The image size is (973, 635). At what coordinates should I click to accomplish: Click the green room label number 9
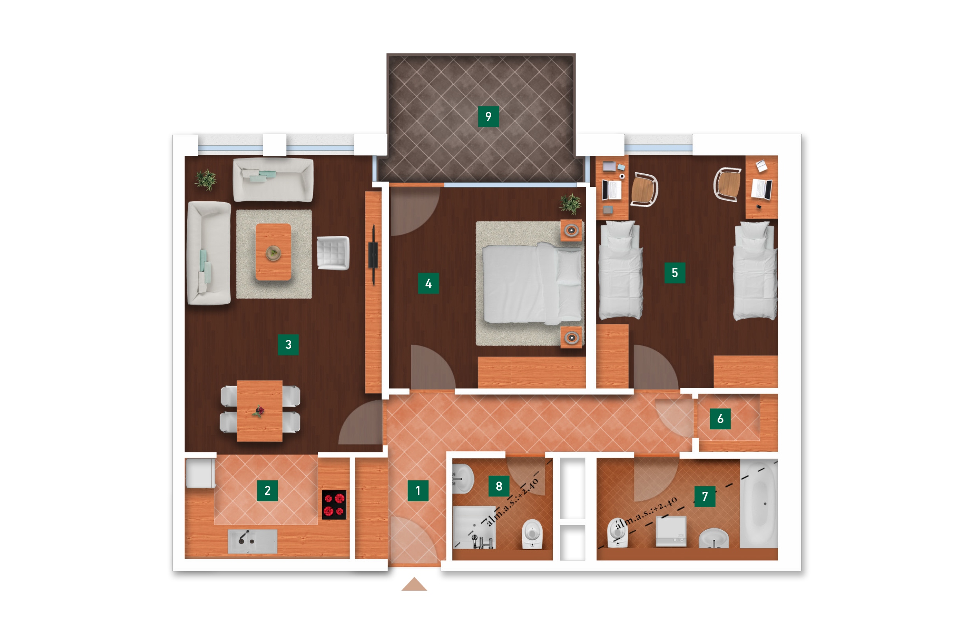pyautogui.click(x=488, y=116)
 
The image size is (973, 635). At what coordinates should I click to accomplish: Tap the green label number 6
pyautogui.click(x=720, y=419)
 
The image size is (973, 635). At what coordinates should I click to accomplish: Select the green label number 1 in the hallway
pyautogui.click(x=418, y=491)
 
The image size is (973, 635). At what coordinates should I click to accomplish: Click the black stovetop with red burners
pyautogui.click(x=334, y=505)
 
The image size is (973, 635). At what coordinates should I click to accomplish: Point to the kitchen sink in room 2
pyautogui.click(x=252, y=541)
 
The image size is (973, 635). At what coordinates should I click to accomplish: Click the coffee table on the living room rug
pyautogui.click(x=273, y=252)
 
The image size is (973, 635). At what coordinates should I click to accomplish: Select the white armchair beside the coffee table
pyautogui.click(x=333, y=253)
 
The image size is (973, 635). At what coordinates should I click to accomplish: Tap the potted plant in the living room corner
pyautogui.click(x=206, y=179)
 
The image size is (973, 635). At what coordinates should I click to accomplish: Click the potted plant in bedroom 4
pyautogui.click(x=570, y=203)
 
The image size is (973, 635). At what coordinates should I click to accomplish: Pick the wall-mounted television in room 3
pyautogui.click(x=373, y=254)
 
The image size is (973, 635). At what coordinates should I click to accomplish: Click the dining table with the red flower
pyautogui.click(x=260, y=411)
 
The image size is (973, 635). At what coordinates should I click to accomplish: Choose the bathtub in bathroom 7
pyautogui.click(x=759, y=504)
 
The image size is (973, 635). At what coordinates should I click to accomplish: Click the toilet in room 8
pyautogui.click(x=532, y=534)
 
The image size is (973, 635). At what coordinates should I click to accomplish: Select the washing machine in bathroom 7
pyautogui.click(x=671, y=531)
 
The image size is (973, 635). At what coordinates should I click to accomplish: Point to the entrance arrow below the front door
pyautogui.click(x=414, y=584)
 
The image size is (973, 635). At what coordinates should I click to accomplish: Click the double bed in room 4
pyautogui.click(x=533, y=283)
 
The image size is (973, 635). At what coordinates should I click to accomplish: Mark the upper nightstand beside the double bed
pyautogui.click(x=571, y=231)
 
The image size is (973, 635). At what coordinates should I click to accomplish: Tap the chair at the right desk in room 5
pyautogui.click(x=727, y=184)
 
